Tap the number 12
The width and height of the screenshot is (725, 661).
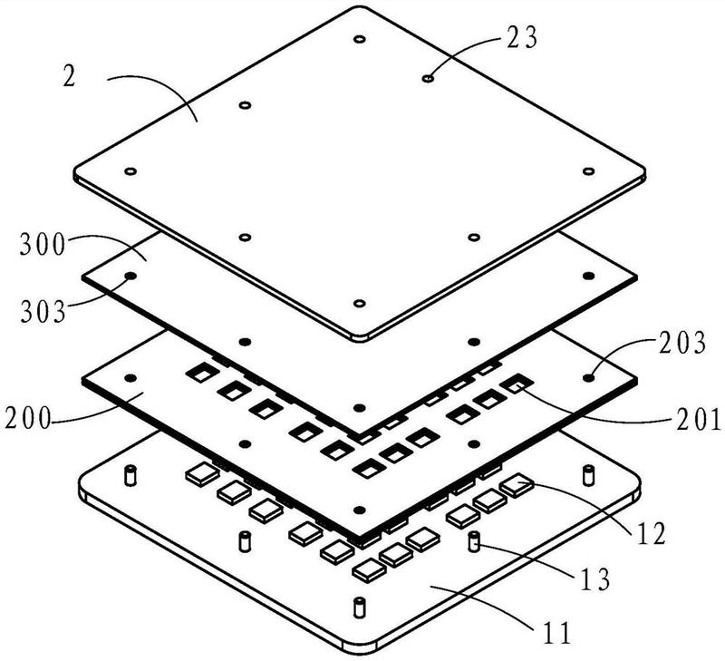(x=651, y=530)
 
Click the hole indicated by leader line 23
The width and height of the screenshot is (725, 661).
(x=428, y=79)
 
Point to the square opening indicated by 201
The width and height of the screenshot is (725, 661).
(x=516, y=385)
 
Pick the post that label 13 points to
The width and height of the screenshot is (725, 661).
(x=473, y=542)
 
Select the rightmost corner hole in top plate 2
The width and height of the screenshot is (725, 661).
(x=587, y=171)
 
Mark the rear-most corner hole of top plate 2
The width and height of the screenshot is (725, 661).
(x=359, y=41)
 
